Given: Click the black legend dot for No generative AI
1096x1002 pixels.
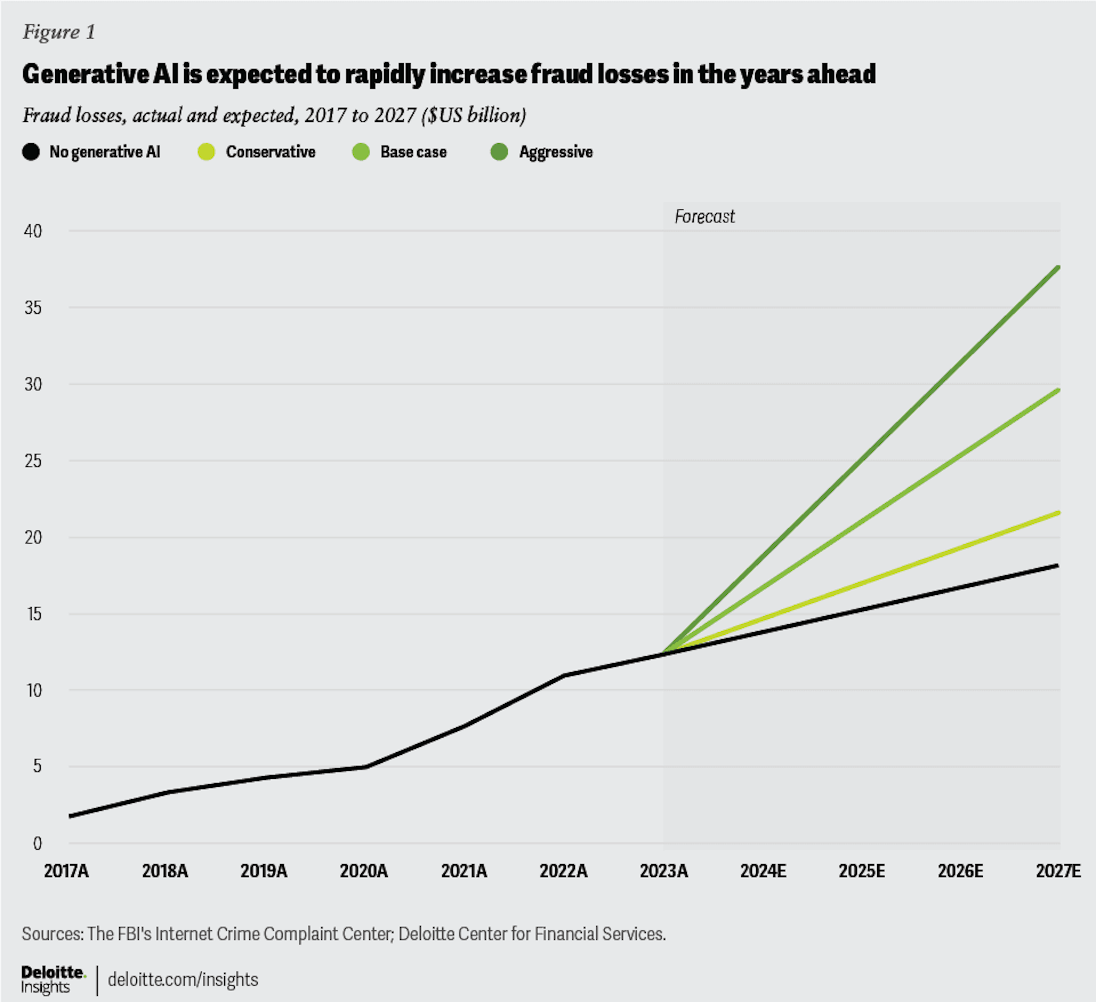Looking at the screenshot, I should tap(31, 152).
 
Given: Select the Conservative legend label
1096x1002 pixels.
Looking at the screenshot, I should tap(270, 152).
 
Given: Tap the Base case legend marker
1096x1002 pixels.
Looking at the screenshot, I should tap(361, 152).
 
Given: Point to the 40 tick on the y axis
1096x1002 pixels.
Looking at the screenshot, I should tap(33, 231).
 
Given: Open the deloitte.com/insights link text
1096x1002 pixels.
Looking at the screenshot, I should tap(183, 979).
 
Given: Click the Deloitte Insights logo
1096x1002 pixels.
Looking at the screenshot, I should tap(53, 979).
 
